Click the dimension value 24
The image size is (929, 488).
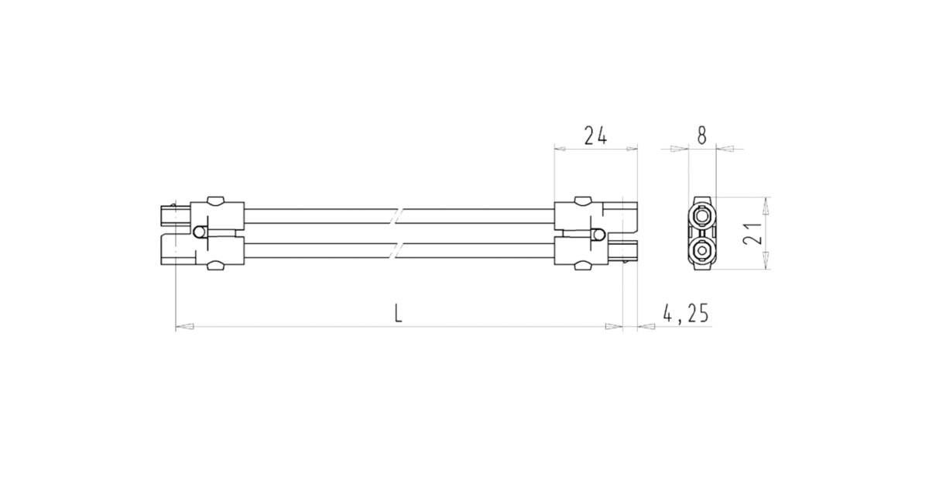[595, 136]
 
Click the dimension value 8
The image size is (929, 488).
[701, 136]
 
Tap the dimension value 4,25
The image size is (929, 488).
[686, 314]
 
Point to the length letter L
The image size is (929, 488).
[398, 314]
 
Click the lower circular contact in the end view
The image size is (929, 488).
[703, 252]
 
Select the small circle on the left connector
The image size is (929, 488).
[201, 232]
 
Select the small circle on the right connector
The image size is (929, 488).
[599, 234]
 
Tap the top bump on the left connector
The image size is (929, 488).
[215, 201]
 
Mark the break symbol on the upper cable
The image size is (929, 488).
[398, 214]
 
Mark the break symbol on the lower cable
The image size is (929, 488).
[398, 251]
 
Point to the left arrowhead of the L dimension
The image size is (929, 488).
[184, 327]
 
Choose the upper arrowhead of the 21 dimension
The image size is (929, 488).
[766, 204]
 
